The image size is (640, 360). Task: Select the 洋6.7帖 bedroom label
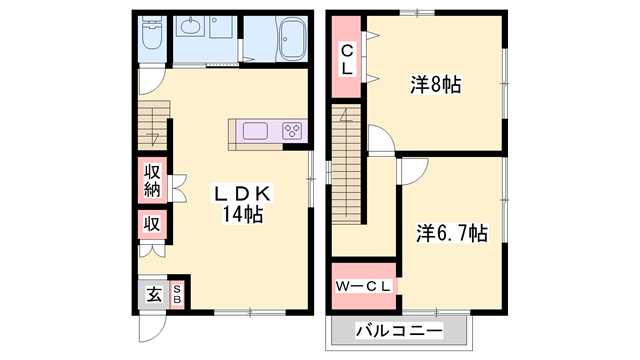tap(451, 232)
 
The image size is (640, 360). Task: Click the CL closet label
tap(346, 59)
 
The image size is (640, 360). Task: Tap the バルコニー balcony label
tap(396, 329)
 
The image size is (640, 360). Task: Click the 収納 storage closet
tap(152, 180)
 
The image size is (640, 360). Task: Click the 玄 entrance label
tap(155, 294)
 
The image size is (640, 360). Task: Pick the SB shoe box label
tap(178, 294)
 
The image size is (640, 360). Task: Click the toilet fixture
tap(151, 38)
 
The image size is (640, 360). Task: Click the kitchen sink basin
tap(254, 130)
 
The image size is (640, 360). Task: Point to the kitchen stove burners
tap(293, 130)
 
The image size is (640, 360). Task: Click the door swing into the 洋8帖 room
tap(381, 137)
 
